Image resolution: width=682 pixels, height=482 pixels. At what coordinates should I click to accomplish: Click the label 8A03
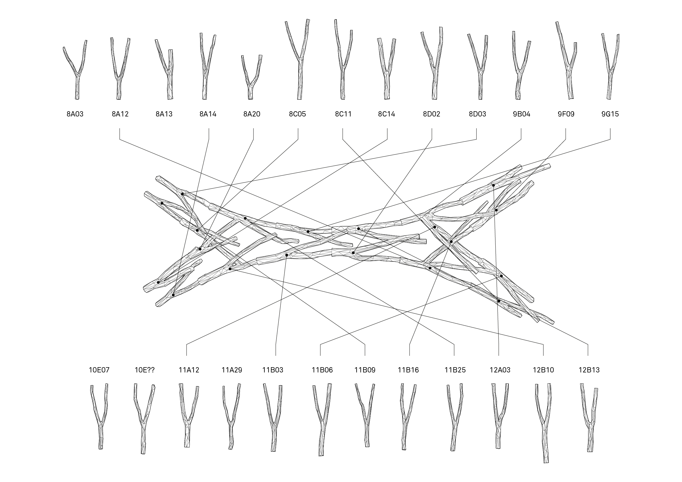(75, 114)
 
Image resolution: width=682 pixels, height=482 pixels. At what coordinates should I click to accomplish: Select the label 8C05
(297, 114)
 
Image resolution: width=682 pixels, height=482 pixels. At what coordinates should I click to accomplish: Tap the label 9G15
(610, 114)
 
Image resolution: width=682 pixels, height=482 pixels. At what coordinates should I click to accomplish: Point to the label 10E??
(145, 370)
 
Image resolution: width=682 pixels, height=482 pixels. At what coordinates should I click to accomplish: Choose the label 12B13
(589, 370)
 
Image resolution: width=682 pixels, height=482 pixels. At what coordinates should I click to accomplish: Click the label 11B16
(408, 370)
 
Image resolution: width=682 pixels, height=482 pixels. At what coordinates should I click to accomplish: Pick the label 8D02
(432, 114)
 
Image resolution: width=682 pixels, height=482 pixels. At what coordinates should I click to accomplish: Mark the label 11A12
(189, 370)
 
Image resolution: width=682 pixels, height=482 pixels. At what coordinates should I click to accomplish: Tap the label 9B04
(521, 114)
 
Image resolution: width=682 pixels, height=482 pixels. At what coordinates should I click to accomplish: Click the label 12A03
(500, 370)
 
